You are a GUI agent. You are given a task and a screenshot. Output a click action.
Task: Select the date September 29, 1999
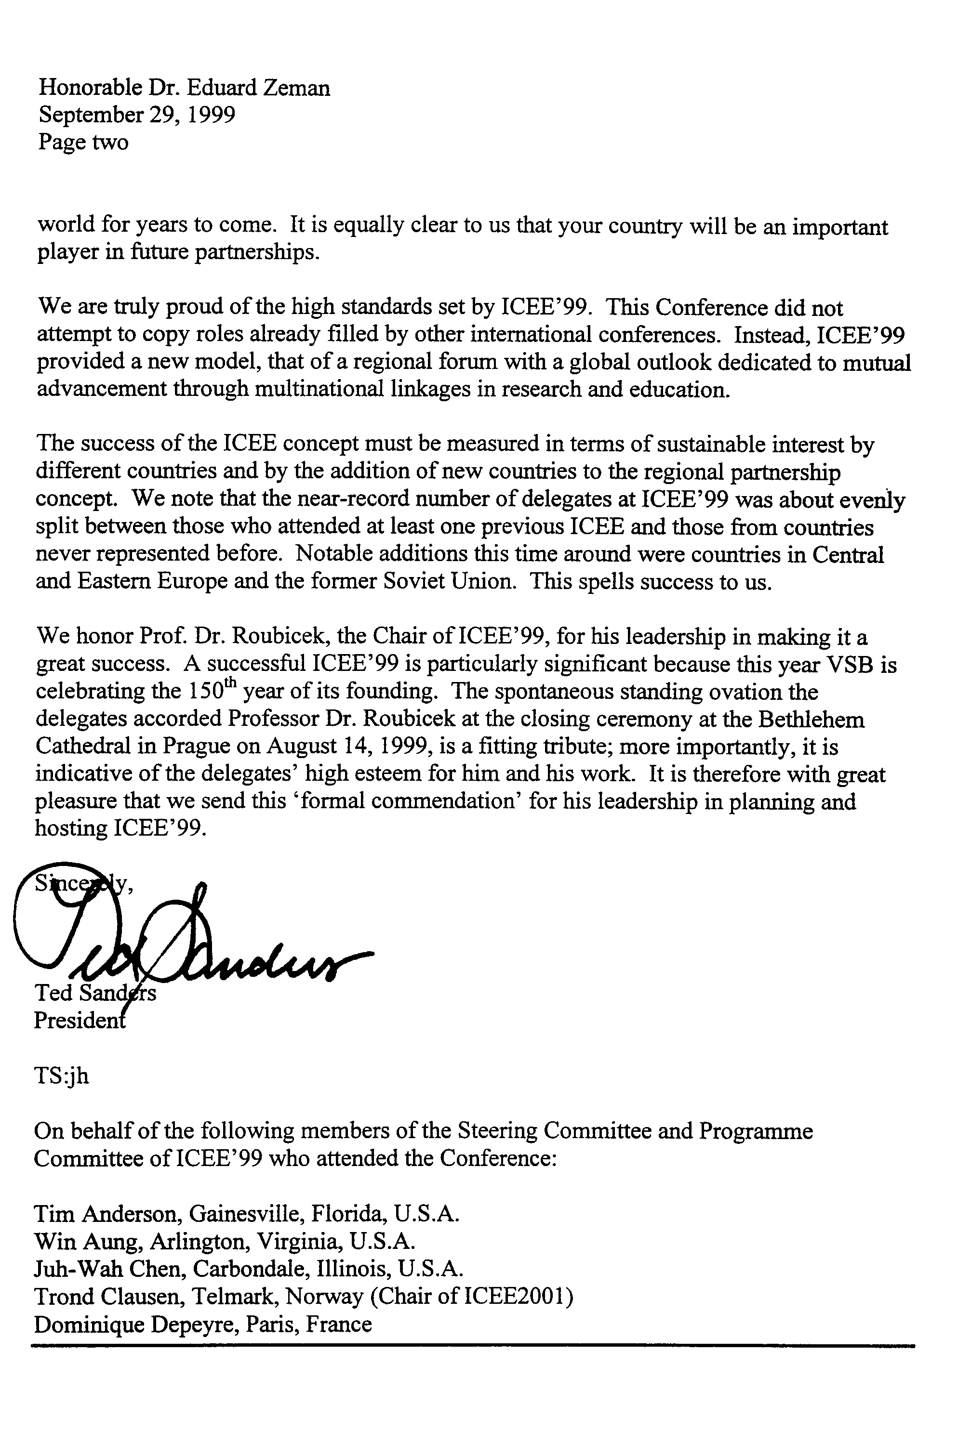[136, 115]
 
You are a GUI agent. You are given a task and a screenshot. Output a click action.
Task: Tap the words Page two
[83, 142]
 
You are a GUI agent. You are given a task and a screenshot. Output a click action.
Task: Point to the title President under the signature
[80, 1019]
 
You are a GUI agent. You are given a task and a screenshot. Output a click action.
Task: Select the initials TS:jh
[62, 1076]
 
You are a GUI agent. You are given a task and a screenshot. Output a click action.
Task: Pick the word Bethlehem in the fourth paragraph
[812, 720]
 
